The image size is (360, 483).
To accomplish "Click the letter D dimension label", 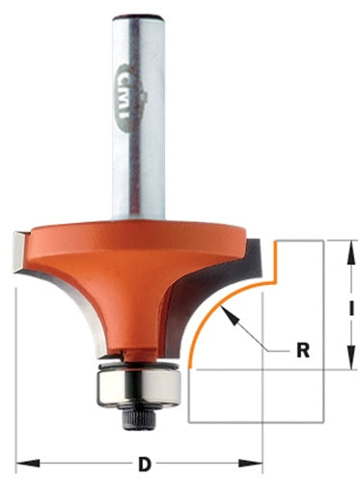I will pos(145,462).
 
